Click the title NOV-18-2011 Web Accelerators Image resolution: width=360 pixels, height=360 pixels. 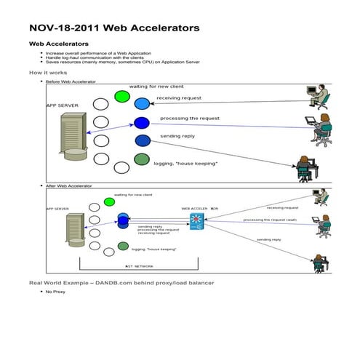pyautogui.click(x=113, y=28)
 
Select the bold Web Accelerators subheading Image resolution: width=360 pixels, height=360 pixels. pyautogui.click(x=58, y=44)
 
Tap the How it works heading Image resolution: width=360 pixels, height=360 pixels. pyautogui.click(x=48, y=73)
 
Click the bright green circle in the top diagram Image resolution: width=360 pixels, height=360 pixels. pyautogui.click(x=121, y=96)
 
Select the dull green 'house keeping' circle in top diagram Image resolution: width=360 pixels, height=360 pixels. pyautogui.click(x=142, y=159)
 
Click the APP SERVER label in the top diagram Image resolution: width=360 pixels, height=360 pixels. pyautogui.click(x=63, y=105)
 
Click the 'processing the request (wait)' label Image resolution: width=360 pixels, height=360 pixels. pyautogui.click(x=269, y=220)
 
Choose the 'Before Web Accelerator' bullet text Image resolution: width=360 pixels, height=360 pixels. pyautogui.click(x=71, y=82)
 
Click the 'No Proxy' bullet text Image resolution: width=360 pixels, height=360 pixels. pyautogui.click(x=55, y=291)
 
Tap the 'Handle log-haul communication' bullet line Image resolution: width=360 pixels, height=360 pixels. pyautogui.click(x=95, y=57)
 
